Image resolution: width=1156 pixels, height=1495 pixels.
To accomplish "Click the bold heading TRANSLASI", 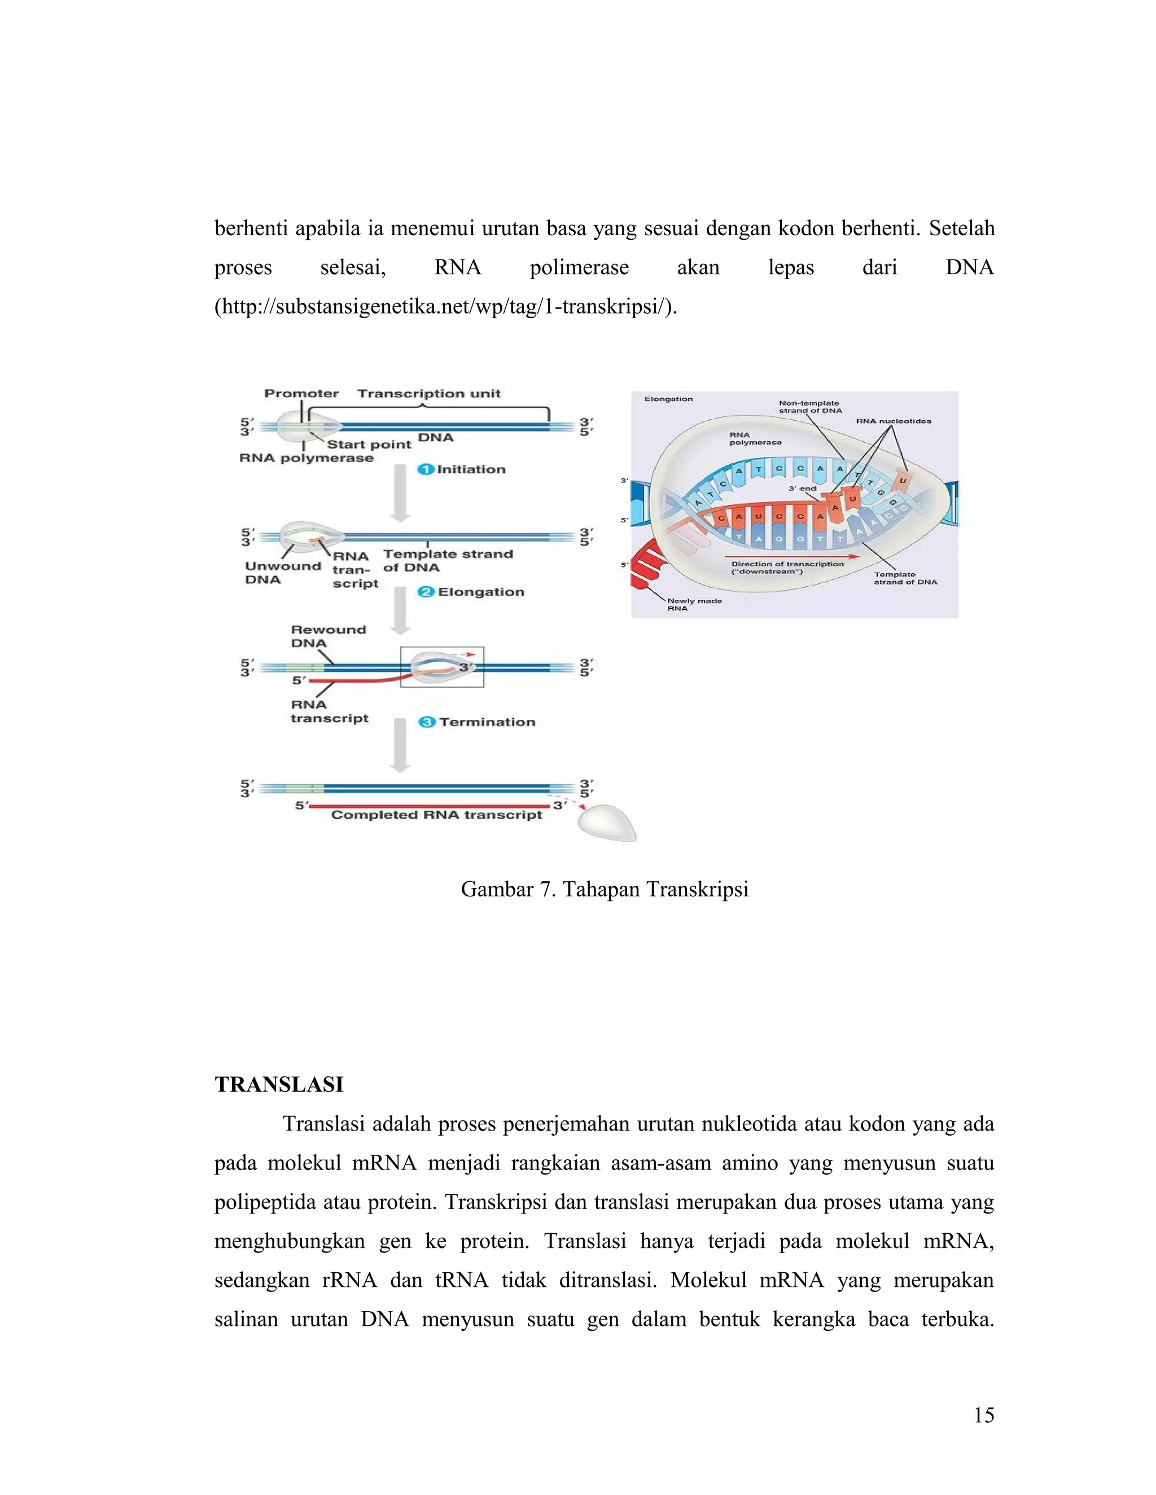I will (279, 1084).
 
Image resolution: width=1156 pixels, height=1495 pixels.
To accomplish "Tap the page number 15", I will (983, 1415).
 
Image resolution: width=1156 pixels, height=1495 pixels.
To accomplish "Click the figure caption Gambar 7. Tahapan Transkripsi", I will (604, 889).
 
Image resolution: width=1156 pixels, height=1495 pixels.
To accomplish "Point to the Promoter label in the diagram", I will (301, 394).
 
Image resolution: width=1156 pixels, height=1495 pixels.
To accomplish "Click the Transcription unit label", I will (429, 394).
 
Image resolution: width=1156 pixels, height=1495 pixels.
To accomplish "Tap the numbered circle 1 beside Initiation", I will (425, 469).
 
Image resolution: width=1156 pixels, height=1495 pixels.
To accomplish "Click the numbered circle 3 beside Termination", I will (427, 722).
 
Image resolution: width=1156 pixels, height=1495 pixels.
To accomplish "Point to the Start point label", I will (369, 444).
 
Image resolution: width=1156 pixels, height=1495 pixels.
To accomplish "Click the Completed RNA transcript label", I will (436, 815).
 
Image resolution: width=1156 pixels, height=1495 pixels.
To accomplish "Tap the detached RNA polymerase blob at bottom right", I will (606, 822).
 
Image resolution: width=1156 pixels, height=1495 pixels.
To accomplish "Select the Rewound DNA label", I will (328, 636).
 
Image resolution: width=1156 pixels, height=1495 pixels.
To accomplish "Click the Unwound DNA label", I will (282, 573).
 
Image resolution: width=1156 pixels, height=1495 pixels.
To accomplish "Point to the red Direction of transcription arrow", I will (794, 556).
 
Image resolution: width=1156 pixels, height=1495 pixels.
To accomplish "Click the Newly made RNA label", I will (694, 604).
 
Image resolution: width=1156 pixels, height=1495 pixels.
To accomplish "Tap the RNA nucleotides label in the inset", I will (893, 421).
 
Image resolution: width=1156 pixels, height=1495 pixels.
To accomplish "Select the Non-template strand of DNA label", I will (809, 407).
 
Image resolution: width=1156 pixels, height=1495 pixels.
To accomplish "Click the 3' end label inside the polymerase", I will (802, 489).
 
